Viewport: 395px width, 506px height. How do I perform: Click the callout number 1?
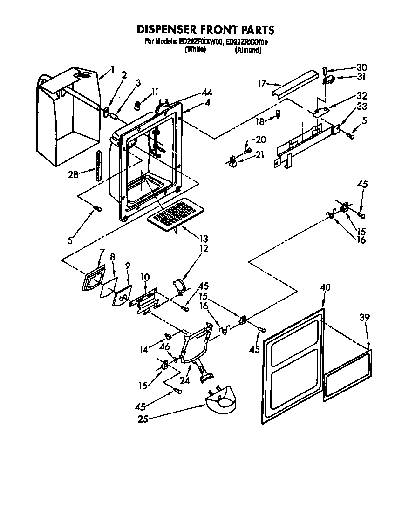[112, 69]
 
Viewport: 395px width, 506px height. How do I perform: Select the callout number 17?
[261, 83]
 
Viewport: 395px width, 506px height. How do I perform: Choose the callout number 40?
[325, 288]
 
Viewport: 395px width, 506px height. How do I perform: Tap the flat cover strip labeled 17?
[296, 84]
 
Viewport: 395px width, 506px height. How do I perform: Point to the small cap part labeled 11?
[138, 105]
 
